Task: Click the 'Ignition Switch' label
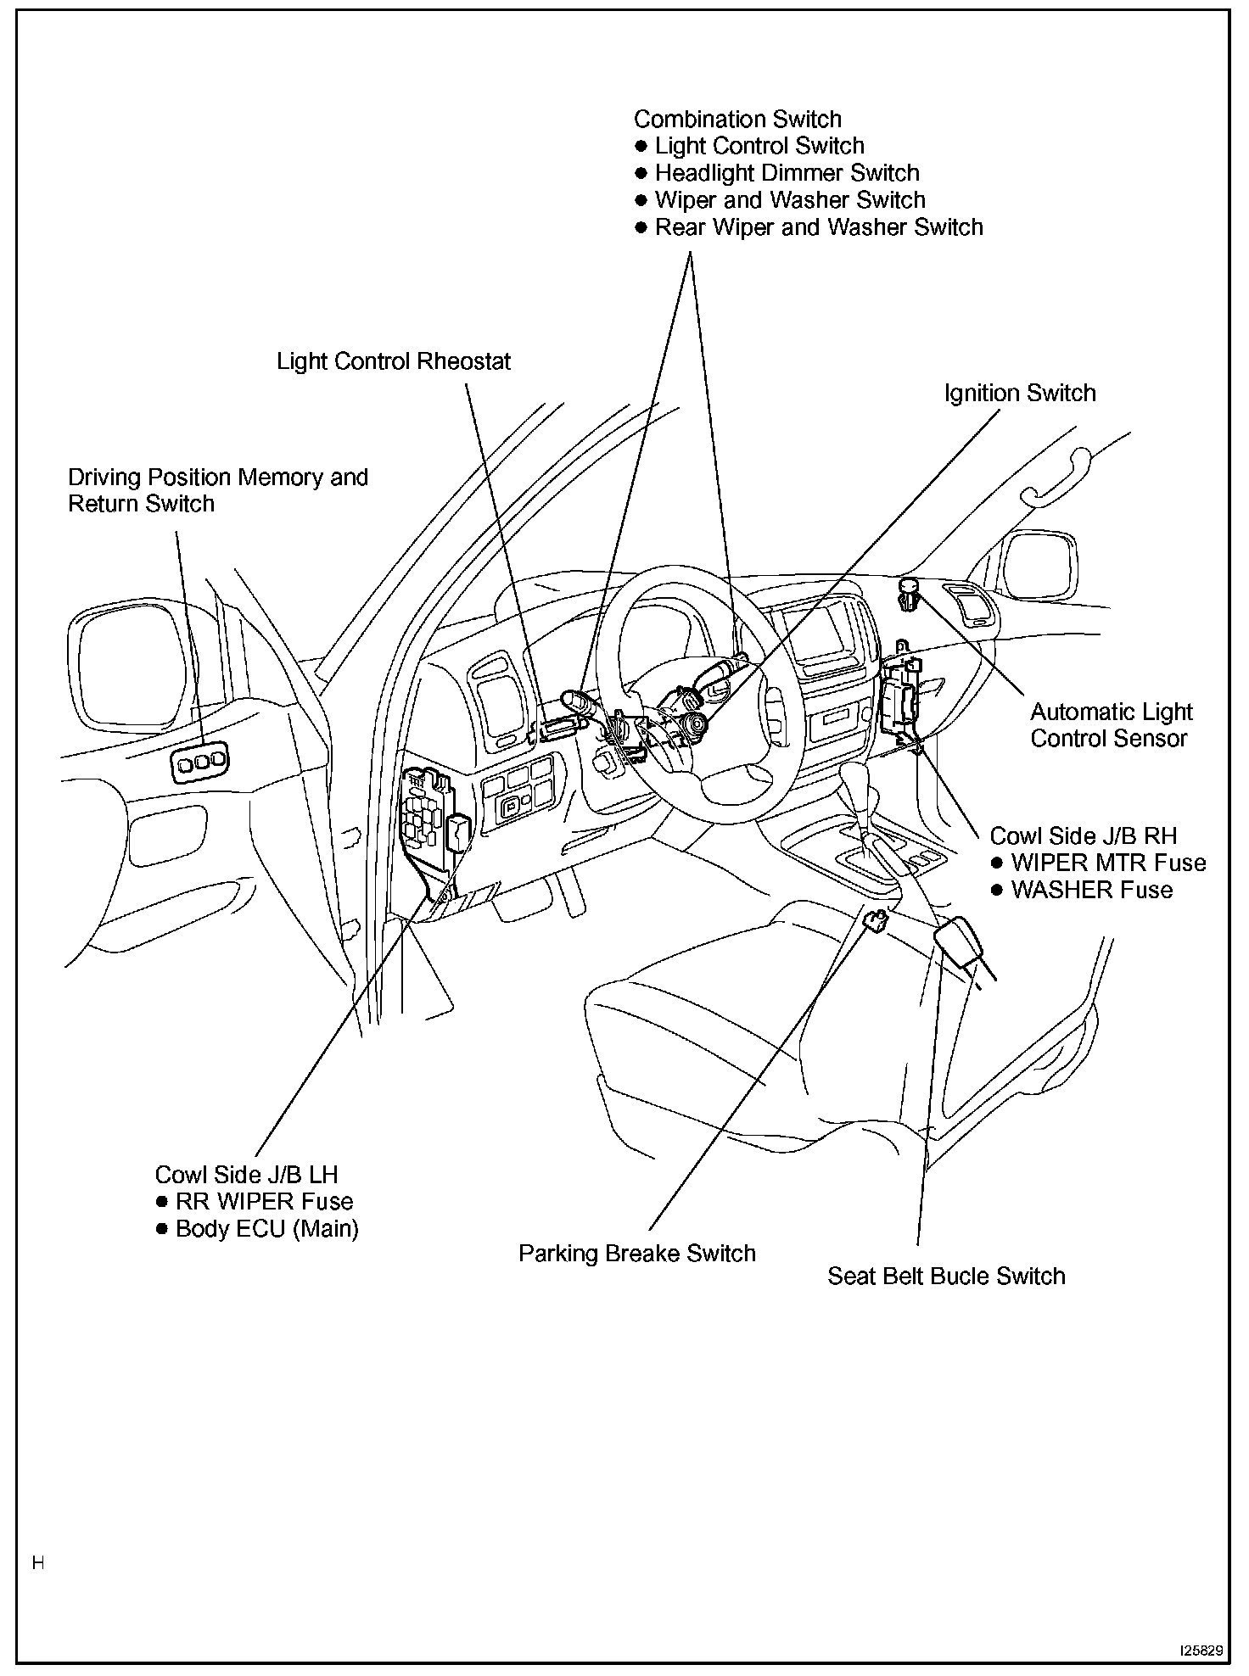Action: [x=1020, y=394]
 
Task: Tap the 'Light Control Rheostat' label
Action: [x=394, y=362]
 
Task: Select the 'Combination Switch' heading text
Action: [x=737, y=120]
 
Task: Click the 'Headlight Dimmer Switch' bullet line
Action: [x=787, y=174]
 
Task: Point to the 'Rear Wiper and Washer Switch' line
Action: [x=819, y=228]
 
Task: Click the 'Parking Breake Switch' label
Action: [x=636, y=1254]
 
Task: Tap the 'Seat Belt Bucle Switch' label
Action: [x=946, y=1277]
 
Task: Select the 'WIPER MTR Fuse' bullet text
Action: [x=1107, y=863]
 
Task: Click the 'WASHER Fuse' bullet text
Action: [x=1091, y=891]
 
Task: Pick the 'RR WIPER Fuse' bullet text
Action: [x=264, y=1202]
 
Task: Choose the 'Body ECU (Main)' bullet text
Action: [x=266, y=1229]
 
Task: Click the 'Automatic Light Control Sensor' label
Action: [x=1111, y=725]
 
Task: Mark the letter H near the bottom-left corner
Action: [x=38, y=1563]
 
